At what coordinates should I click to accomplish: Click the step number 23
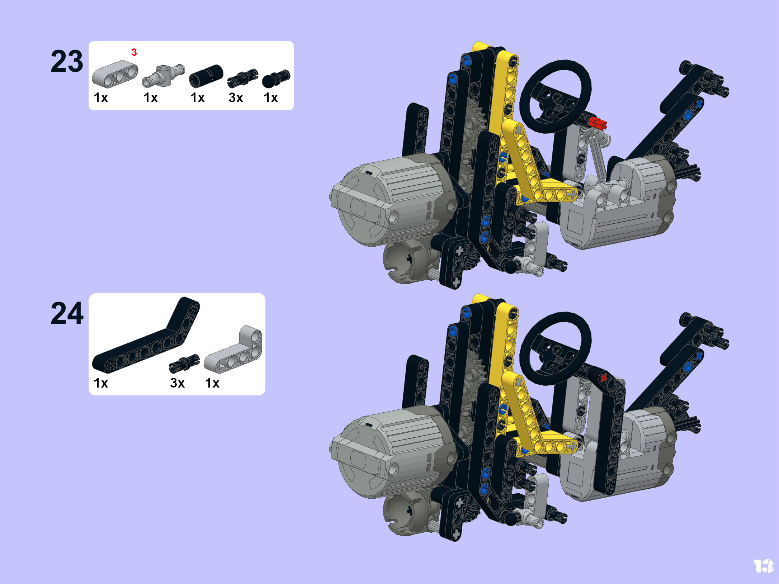click(x=67, y=61)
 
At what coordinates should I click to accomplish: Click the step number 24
click(x=67, y=313)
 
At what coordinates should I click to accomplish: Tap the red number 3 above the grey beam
click(x=134, y=52)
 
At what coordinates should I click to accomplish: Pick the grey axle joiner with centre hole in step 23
click(x=164, y=76)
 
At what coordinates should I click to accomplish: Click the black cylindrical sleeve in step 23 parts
click(x=206, y=76)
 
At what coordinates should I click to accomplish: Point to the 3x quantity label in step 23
click(x=236, y=98)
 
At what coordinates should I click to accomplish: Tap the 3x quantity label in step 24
click(x=178, y=383)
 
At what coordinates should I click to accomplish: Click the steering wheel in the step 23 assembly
click(x=556, y=96)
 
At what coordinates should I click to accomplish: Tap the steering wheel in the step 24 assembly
click(x=556, y=348)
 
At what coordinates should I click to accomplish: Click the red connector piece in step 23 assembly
click(x=598, y=123)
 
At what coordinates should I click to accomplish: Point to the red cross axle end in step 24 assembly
click(x=604, y=377)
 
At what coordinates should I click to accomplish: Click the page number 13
click(x=764, y=566)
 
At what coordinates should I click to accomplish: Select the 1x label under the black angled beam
click(x=101, y=383)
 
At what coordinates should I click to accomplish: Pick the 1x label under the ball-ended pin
click(x=271, y=98)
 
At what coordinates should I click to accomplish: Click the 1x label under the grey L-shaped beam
click(x=212, y=383)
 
